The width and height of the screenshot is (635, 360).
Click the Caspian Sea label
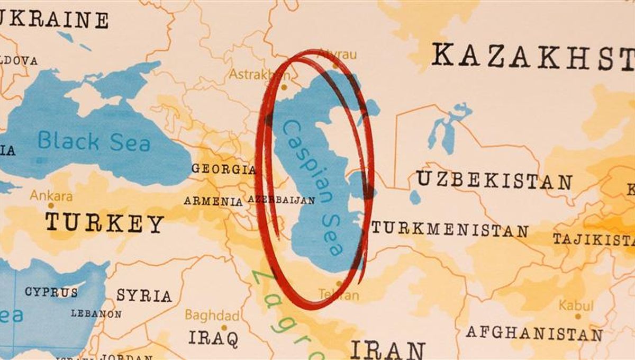313,187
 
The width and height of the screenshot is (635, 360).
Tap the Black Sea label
94,142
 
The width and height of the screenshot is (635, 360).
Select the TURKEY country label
104,223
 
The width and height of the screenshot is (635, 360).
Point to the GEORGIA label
223,169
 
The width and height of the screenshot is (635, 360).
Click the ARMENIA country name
213,201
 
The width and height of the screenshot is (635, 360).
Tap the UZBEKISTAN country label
494,181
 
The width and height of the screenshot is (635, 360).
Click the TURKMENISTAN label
449,230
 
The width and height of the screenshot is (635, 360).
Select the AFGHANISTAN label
534,334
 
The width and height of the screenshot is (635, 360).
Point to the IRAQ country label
213,338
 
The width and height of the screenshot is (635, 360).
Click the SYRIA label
144,295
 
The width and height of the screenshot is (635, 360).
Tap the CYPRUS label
51,292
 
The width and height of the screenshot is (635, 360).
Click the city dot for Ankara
51,205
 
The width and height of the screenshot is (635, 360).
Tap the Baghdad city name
212,316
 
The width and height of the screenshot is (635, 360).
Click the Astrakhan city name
252,74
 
